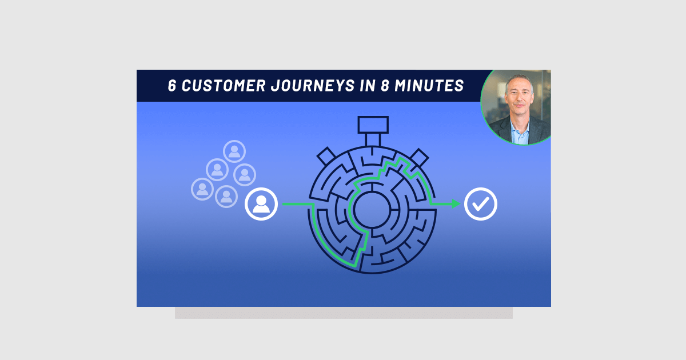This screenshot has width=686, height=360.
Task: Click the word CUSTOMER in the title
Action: click(x=224, y=85)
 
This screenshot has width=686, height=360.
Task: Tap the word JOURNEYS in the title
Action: click(x=313, y=85)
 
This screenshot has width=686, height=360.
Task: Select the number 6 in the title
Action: click(x=172, y=85)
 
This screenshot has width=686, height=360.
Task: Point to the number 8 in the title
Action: click(x=385, y=85)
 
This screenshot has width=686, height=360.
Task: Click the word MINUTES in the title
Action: click(x=429, y=85)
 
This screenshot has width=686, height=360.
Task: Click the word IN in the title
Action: click(x=368, y=85)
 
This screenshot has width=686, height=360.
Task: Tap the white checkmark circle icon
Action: click(x=481, y=204)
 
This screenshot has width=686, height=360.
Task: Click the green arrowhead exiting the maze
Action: click(x=456, y=204)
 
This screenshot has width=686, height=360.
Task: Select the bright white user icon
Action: click(x=261, y=204)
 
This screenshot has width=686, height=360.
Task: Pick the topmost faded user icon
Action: click(x=234, y=151)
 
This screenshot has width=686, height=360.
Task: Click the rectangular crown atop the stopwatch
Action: click(x=373, y=125)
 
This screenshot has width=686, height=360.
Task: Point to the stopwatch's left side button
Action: click(x=326, y=156)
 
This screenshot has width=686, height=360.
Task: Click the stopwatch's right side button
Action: click(x=419, y=158)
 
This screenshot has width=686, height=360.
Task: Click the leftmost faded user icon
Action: click(x=202, y=189)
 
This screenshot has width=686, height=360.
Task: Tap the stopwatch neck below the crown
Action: click(x=373, y=140)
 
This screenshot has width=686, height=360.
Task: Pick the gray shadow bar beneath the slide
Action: click(x=344, y=313)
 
